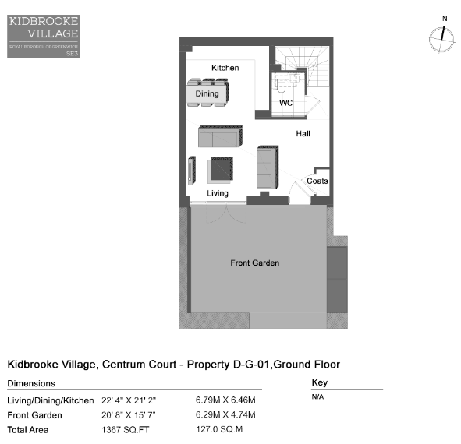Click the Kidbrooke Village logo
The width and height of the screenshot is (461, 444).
click(44, 37)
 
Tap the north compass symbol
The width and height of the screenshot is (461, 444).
click(441, 38)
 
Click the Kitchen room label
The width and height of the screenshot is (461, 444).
click(225, 68)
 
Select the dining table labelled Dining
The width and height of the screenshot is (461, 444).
click(207, 93)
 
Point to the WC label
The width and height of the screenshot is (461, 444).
click(285, 103)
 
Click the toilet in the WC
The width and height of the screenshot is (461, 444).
click(281, 85)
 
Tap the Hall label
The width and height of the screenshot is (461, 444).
click(303, 134)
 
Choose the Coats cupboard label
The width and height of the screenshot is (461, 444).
click(317, 181)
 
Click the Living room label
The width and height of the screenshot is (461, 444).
click(218, 193)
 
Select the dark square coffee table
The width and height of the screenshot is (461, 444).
click(222, 168)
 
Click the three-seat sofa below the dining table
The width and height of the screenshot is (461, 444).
click(220, 136)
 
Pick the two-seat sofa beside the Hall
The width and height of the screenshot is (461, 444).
click(268, 167)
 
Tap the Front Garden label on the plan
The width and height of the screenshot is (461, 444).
click(254, 263)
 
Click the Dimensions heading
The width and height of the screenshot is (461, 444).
click(31, 383)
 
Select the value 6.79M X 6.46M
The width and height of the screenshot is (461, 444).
click(225, 400)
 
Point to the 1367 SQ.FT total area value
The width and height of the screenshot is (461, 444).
click(126, 430)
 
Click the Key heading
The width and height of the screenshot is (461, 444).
click(320, 382)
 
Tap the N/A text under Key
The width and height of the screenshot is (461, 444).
click(317, 396)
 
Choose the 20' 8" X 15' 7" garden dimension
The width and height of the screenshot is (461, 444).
click(129, 415)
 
